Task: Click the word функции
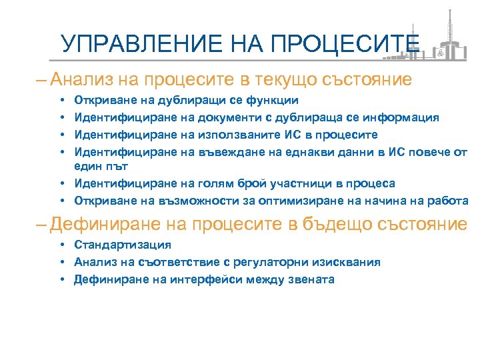274,101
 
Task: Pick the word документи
220,117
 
